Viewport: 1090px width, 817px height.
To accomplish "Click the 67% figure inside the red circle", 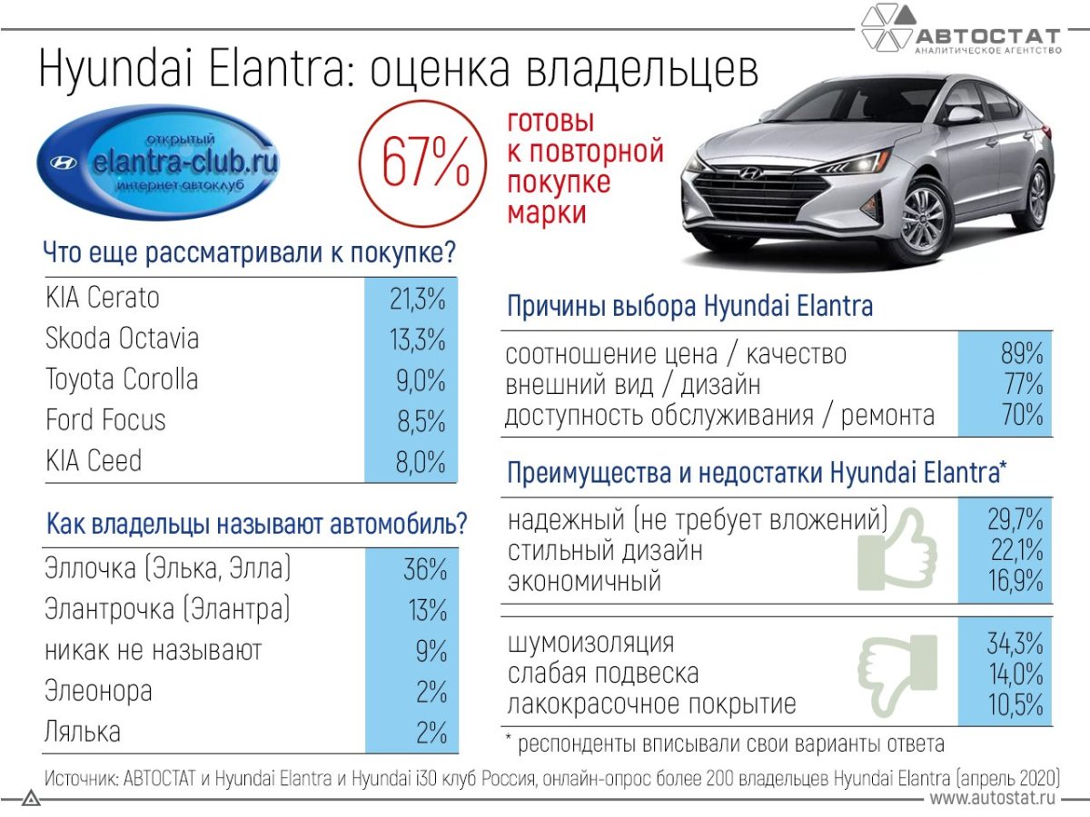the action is [425, 162].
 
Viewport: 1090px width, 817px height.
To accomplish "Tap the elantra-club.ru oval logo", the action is [158, 162].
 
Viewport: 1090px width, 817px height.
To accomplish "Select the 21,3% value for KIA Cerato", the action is [417, 299].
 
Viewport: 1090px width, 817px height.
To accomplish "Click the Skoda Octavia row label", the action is [122, 339].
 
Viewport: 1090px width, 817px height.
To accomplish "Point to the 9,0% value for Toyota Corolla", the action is [421, 380].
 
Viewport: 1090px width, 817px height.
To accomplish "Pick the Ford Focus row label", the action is [105, 419].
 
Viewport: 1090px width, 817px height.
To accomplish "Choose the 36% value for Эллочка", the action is [425, 568].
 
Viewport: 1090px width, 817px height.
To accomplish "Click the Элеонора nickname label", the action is [98, 691].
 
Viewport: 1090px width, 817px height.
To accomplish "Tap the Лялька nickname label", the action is [83, 732].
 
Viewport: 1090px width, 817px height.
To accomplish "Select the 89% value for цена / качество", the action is [1022, 353].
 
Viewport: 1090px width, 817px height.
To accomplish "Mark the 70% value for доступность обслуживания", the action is [1023, 414].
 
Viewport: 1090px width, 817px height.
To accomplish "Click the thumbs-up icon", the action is [897, 551].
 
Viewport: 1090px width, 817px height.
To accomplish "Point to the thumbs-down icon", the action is [897, 674].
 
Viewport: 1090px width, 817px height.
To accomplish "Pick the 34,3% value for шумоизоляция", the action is [1015, 643].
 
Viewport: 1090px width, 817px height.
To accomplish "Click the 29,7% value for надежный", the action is [1015, 520].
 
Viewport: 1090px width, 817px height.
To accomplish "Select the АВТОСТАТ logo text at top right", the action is [987, 36].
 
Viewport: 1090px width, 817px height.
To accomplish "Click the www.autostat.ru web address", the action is [992, 798].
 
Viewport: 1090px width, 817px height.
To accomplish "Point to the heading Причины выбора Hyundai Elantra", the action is [689, 306].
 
